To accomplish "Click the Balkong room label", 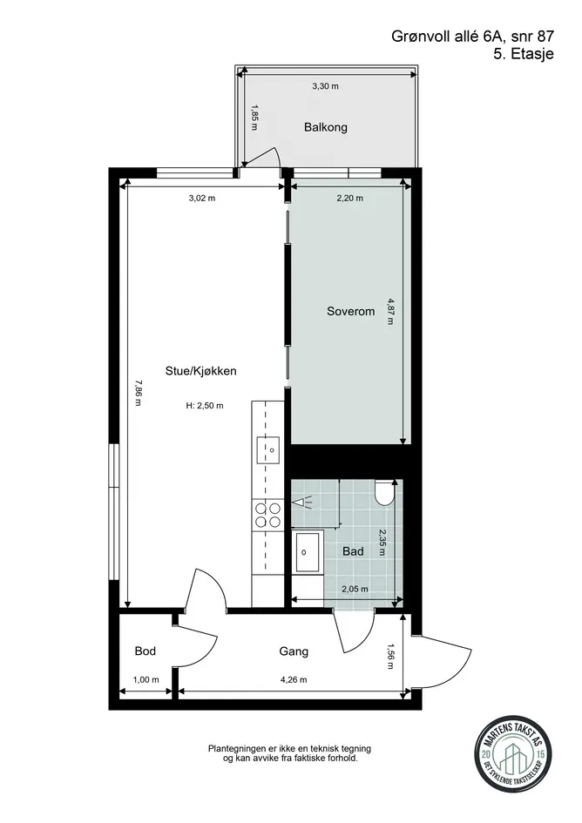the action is click(x=326, y=127).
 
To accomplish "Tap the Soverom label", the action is click(x=351, y=311).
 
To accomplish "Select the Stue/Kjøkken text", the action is click(x=200, y=371).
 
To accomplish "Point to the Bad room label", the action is click(x=353, y=551).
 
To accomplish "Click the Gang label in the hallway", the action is click(x=294, y=651).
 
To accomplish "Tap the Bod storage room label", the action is click(x=145, y=651).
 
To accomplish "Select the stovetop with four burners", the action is click(x=267, y=515).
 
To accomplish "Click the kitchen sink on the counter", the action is click(x=267, y=449).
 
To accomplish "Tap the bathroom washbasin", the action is click(x=308, y=551).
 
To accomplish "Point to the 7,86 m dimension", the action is click(x=138, y=393).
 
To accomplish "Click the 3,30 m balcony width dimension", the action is click(x=326, y=86).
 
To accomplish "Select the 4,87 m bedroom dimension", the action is click(x=390, y=311).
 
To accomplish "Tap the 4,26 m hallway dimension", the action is click(x=294, y=679).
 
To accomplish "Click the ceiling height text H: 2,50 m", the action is click(x=205, y=406).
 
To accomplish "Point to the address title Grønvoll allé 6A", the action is click(x=449, y=37).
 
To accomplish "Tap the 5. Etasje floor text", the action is click(x=523, y=54).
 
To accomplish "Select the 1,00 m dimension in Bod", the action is click(x=145, y=679).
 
